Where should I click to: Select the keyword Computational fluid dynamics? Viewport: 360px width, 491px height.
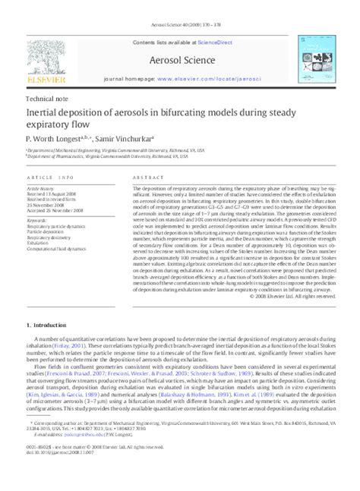[x=62, y=247]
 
